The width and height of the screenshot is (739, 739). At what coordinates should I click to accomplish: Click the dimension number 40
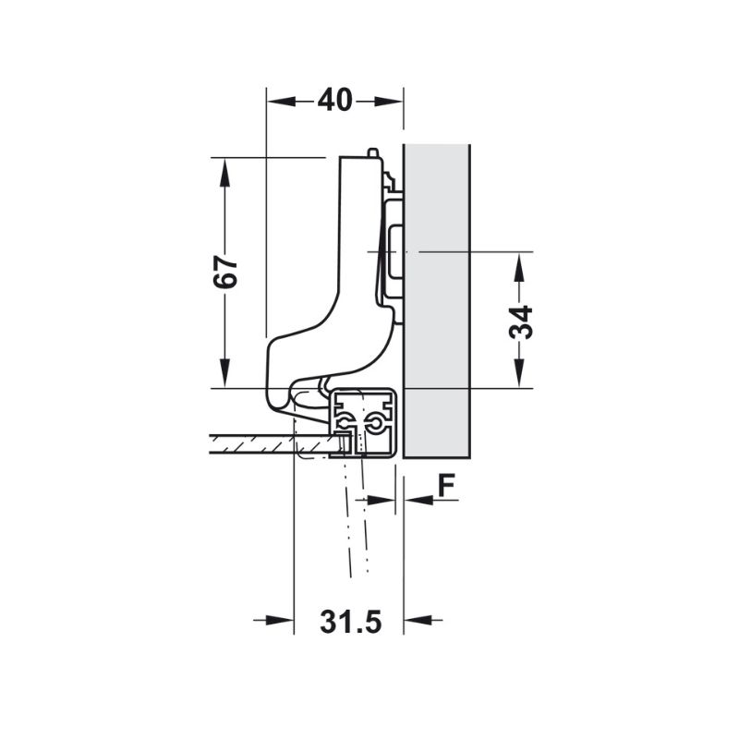click(x=334, y=101)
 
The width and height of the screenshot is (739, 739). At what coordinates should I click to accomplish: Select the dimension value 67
click(x=224, y=272)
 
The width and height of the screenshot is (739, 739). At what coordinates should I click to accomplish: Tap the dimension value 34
click(x=521, y=322)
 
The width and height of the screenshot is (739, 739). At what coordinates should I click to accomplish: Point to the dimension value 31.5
click(x=351, y=622)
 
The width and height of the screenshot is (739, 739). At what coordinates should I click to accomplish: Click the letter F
click(x=446, y=486)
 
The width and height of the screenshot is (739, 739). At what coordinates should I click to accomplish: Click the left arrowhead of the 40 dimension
click(x=282, y=101)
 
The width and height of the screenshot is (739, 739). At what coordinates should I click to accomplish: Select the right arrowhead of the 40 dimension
click(x=389, y=101)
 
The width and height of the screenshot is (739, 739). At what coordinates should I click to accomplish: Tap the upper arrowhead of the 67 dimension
click(x=224, y=173)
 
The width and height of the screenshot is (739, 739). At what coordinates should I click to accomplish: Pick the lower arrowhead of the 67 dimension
click(x=224, y=373)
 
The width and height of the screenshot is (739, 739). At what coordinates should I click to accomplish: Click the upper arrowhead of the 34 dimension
click(x=519, y=268)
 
